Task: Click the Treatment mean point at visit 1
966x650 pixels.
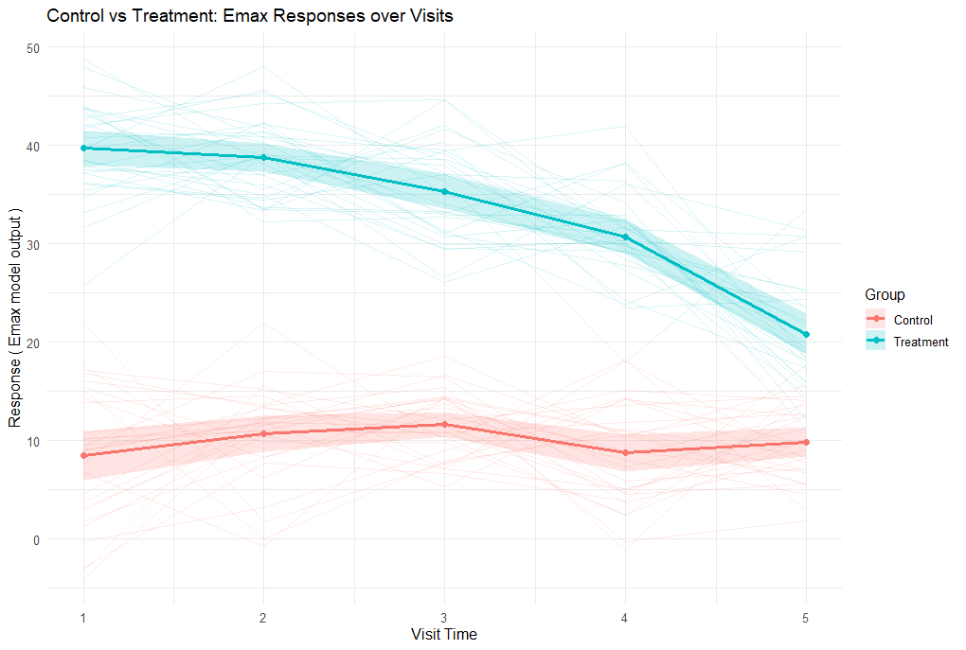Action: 83,148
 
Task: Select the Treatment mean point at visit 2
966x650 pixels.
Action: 263,158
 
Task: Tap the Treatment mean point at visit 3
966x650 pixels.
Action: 444,192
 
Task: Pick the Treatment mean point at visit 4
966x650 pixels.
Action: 625,237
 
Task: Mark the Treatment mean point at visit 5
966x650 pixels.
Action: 806,335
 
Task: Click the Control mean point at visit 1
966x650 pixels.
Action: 83,456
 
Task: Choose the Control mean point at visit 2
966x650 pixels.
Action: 263,434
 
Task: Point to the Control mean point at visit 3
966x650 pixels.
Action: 444,424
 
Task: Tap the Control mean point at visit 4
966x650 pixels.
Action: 625,453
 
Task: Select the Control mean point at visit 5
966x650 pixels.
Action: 806,442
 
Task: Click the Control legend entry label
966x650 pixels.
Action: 913,320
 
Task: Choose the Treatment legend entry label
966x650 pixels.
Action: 921,342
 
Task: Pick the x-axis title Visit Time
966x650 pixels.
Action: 444,635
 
